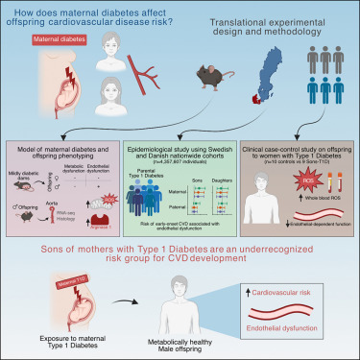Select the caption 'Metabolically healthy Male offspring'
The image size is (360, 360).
point(186,344)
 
